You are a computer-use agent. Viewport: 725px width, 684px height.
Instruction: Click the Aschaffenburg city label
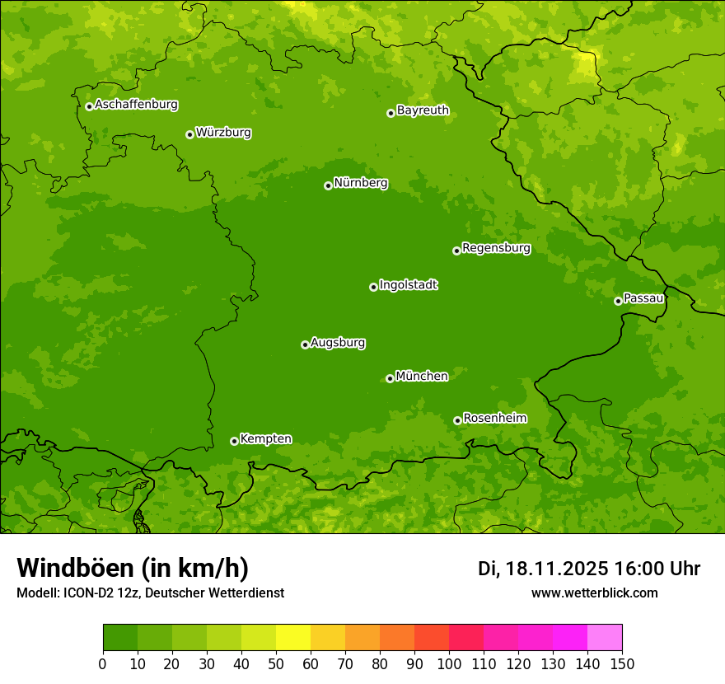pos(136,105)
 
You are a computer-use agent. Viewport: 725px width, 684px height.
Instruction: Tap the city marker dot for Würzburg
pos(189,134)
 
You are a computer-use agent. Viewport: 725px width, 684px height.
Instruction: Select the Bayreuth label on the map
pos(423,110)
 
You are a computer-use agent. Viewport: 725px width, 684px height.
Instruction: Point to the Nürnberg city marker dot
pos(328,185)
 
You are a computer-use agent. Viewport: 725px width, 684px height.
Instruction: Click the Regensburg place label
pos(496,248)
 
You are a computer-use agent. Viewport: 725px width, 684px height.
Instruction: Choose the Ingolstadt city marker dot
pos(373,287)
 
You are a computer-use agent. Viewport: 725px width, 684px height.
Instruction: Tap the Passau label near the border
pos(643,298)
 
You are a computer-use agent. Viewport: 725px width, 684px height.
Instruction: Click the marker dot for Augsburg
pos(305,344)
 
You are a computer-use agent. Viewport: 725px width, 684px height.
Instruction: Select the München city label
pos(422,377)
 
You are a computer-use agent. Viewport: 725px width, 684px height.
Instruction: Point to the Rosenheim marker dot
pos(457,420)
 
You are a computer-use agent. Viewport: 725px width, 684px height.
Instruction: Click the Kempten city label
pos(265,439)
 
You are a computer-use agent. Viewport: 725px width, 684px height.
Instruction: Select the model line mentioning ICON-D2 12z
pos(150,593)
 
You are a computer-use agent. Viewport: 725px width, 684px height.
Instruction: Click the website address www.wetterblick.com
pos(594,593)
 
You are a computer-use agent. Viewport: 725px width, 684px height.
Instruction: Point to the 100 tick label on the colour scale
pos(449,664)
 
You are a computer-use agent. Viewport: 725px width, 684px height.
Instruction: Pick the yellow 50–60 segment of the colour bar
pos(293,638)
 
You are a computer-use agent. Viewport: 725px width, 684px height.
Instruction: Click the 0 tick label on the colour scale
pos(103,664)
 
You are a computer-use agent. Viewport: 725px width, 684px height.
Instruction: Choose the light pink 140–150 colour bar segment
pos(605,638)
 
